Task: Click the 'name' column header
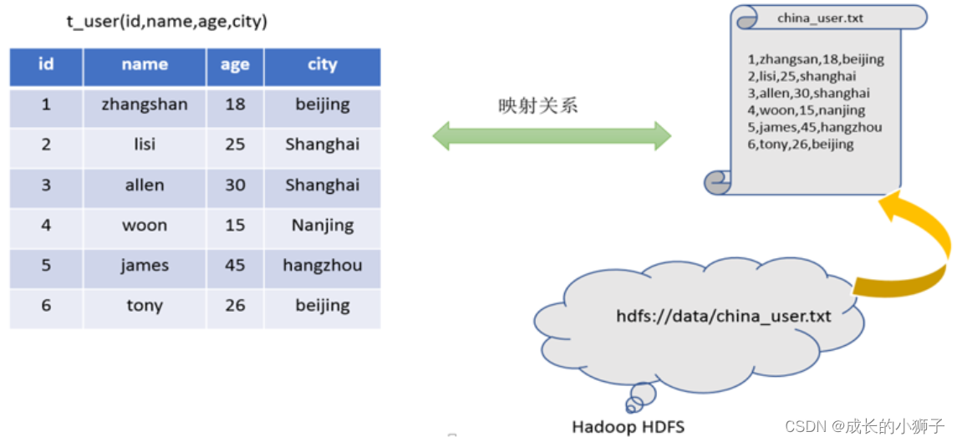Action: [x=145, y=64]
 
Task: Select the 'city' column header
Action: [x=322, y=64]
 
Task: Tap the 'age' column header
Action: [x=235, y=65]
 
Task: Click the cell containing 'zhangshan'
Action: [x=145, y=104]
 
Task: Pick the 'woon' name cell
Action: [x=145, y=226]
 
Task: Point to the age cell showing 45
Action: [x=235, y=266]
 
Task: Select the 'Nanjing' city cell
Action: [x=322, y=226]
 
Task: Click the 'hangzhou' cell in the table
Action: [x=322, y=266]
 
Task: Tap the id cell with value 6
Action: [x=46, y=306]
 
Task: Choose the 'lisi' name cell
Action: [x=145, y=145]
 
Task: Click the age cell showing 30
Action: [x=235, y=185]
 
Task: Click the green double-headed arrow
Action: [x=552, y=136]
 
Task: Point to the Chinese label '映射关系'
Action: [x=538, y=106]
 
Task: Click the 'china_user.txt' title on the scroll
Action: [x=820, y=18]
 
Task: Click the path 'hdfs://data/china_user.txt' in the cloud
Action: [x=724, y=317]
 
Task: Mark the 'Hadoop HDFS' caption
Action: [x=628, y=427]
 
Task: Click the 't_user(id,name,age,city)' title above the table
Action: [x=167, y=22]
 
